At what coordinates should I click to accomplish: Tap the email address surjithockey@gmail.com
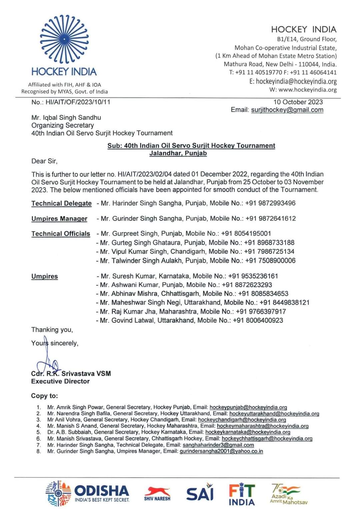click(x=287, y=110)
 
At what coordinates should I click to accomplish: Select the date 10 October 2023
click(x=298, y=102)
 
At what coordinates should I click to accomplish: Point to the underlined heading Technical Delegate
click(x=61, y=203)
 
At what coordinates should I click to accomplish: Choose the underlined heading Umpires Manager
click(x=59, y=219)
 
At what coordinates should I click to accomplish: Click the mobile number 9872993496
click(x=275, y=203)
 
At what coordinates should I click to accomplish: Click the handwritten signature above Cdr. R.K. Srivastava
click(x=47, y=362)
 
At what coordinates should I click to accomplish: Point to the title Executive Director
click(x=60, y=381)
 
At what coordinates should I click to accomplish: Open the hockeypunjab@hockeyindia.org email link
click(x=248, y=407)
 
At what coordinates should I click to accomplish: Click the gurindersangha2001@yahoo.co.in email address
click(x=221, y=451)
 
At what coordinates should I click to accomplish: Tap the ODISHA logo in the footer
click(x=87, y=493)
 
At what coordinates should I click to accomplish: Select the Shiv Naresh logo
click(x=157, y=494)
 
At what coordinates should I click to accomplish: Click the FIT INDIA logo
click(x=242, y=494)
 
